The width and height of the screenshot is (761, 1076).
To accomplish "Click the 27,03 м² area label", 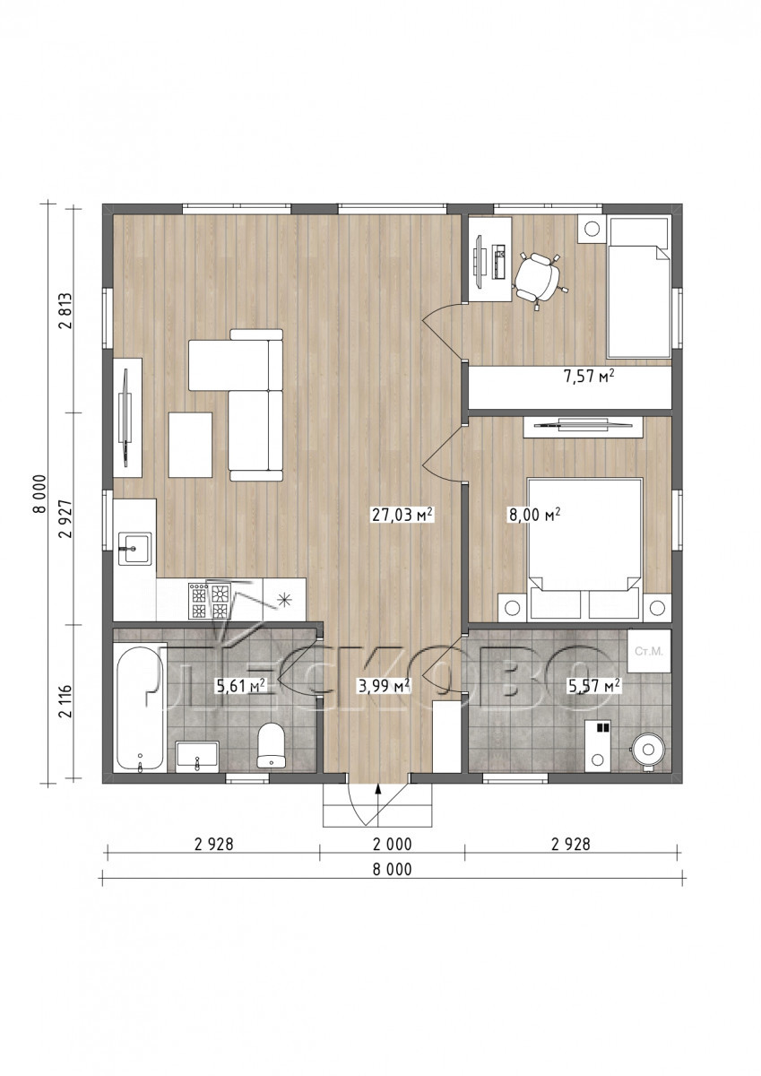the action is coord(402,515).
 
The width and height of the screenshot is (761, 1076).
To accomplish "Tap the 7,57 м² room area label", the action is coord(589,376).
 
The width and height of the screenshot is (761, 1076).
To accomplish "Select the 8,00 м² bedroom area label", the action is coord(534,515).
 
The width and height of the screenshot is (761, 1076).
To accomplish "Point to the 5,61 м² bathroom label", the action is coord(241,686).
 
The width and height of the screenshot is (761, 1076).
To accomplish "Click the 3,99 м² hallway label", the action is coord(385,686).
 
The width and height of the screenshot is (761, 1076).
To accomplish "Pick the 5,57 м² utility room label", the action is coord(594,686).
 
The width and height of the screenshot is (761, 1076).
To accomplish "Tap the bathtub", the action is coord(140,707).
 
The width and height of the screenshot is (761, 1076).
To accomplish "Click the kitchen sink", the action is coord(135,549).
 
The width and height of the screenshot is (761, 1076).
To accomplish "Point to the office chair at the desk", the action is coord(538,278).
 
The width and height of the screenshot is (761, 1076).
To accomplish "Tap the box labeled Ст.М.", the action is coord(649,652).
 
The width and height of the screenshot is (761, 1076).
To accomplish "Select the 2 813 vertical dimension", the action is coord(65,310).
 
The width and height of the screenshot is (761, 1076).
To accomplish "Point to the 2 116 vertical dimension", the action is coord(65,701).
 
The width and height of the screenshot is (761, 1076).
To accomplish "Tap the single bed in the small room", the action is coord(638,287).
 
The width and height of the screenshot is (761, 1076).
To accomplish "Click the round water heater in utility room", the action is coord(649,750).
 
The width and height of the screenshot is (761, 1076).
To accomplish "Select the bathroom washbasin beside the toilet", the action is coord(197,756).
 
